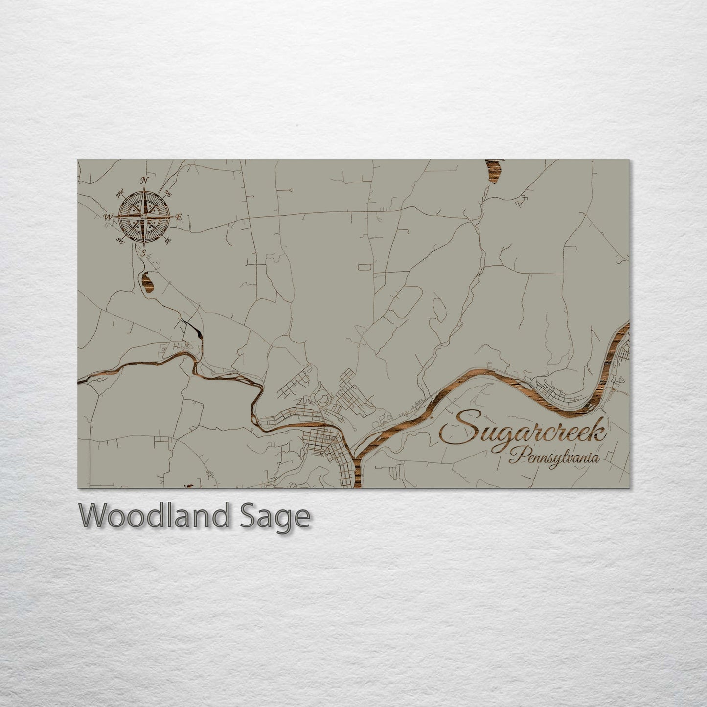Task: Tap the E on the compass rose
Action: click(179, 217)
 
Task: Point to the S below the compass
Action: click(143, 253)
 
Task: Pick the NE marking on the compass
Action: click(168, 192)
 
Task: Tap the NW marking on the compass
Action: click(120, 193)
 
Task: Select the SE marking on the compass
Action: click(168, 240)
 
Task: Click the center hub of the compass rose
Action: click(143, 216)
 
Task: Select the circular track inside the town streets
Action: click(323, 399)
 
